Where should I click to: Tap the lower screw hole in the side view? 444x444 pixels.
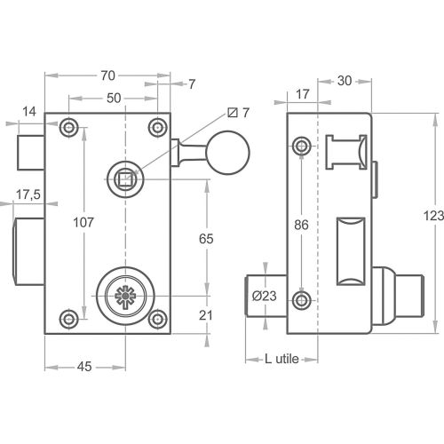pos(304,301)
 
